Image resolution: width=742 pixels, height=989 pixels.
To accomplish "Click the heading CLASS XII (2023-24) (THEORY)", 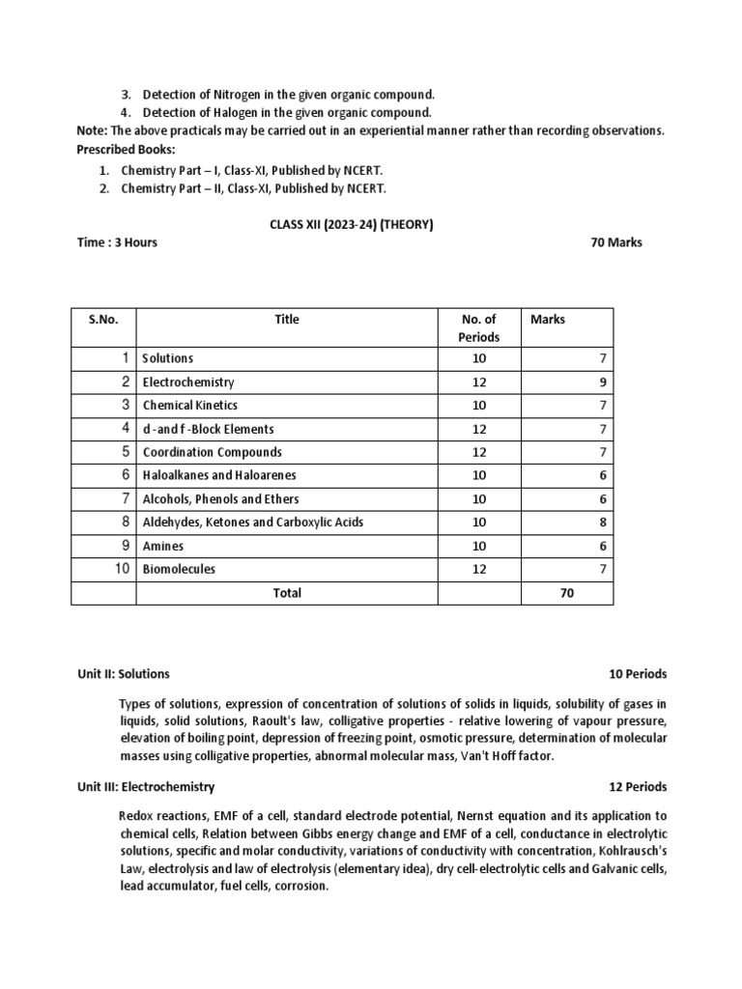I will coord(351,225).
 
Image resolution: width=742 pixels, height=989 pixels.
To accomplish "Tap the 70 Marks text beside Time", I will coord(615,242).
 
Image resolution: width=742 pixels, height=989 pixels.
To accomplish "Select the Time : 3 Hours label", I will coord(117,242).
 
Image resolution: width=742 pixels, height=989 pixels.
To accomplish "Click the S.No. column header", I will coord(103,320).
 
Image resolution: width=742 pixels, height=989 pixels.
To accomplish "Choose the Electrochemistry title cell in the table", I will coord(188,382).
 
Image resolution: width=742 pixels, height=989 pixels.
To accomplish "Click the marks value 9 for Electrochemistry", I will coord(602,382).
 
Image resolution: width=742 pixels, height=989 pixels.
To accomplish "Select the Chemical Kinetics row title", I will coord(190,406).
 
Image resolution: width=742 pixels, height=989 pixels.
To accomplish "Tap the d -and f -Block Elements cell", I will coord(209,429).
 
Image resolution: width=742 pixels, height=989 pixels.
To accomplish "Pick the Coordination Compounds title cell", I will coord(213,452).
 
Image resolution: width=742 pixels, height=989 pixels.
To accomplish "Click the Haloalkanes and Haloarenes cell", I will coord(219,475).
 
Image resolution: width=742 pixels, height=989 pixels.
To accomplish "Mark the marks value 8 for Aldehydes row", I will coord(602,523).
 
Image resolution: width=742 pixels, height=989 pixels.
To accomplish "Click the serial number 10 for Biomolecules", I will coord(122,569).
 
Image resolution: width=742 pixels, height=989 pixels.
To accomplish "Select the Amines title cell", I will coord(164,546).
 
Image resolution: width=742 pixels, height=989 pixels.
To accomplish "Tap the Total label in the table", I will coord(287,593).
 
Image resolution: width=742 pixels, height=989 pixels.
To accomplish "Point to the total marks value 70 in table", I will coord(567,593).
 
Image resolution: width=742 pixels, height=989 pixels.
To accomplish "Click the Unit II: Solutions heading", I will coord(124,674).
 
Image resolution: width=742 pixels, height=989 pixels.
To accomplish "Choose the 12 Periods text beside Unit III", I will coord(638,787).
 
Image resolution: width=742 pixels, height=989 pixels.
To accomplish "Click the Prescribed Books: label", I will coord(127,150).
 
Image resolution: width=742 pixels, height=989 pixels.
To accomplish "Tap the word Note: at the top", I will coord(93,131).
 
